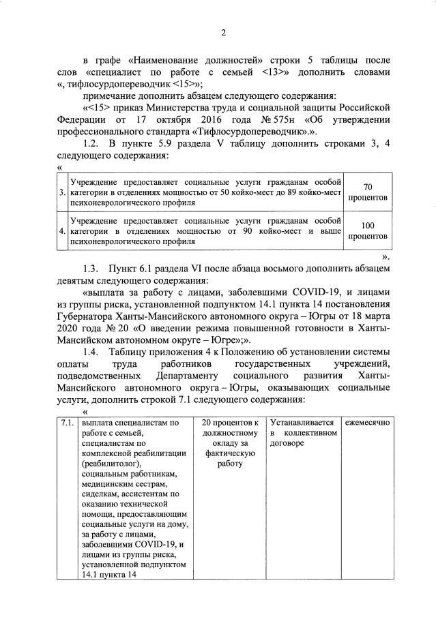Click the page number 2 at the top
coord(223,32)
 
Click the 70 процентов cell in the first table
coord(368,192)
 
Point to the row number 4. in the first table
coord(62,231)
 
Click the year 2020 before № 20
coord(67,328)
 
